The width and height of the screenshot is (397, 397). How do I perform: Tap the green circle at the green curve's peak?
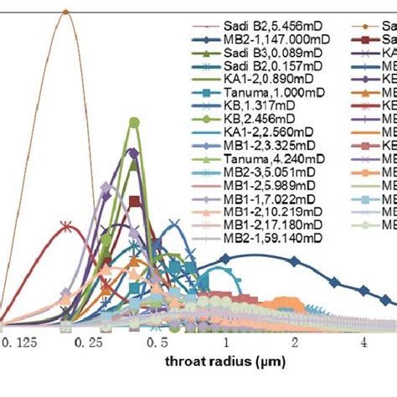132,123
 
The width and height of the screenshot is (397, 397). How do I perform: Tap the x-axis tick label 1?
224,343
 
